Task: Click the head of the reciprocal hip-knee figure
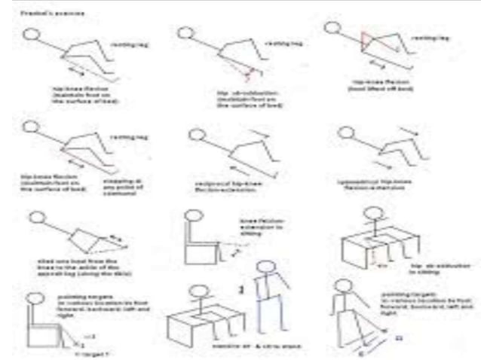[x=194, y=135]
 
